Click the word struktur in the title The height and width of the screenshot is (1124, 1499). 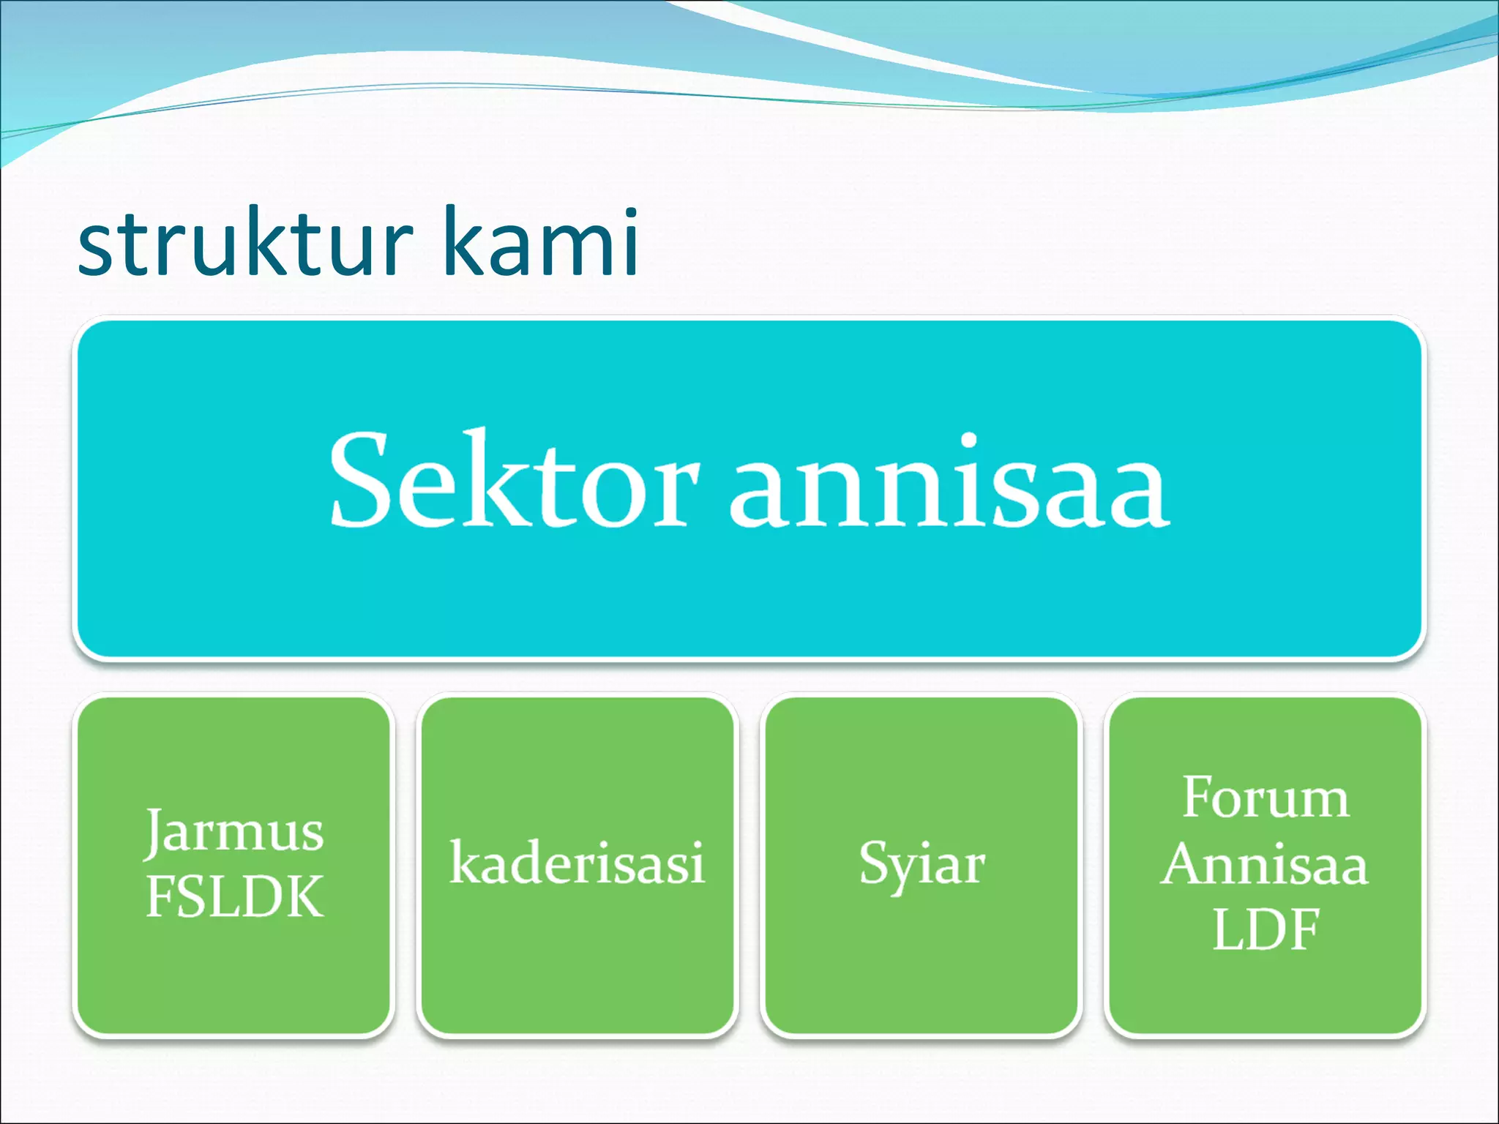pos(245,243)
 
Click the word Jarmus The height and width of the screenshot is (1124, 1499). pos(234,833)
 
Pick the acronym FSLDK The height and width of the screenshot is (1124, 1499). pos(234,897)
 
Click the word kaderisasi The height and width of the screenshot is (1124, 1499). pos(577,863)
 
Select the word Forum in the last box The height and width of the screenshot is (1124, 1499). pos(1266,798)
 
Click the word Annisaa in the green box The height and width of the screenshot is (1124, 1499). pos(1264,865)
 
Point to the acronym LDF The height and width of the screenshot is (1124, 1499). pos(1266,930)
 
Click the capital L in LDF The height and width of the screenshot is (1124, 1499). pos(1227,930)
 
